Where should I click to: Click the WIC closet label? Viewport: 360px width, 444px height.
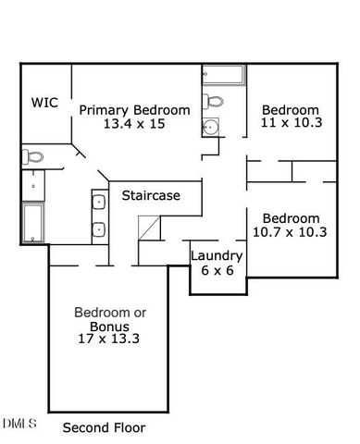click(45, 103)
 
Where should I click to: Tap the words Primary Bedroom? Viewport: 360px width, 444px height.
click(134, 109)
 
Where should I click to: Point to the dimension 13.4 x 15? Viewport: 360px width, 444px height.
click(134, 124)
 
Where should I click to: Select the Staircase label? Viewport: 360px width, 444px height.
click(150, 196)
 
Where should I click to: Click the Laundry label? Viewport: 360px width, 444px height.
click(217, 256)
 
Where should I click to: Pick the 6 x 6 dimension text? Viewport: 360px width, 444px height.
click(217, 271)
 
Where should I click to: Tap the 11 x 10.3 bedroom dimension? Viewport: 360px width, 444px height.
click(289, 123)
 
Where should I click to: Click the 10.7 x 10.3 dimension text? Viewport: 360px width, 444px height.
click(289, 232)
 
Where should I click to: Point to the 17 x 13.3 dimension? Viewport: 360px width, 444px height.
click(108, 339)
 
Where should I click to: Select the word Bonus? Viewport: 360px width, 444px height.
click(108, 326)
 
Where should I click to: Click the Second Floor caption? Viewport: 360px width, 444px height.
click(104, 428)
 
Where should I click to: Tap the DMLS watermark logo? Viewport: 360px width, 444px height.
click(19, 424)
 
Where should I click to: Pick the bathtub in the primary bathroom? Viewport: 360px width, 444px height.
click(32, 222)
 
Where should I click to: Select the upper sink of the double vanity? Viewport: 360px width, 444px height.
click(98, 201)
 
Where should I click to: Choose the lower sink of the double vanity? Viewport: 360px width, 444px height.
click(98, 227)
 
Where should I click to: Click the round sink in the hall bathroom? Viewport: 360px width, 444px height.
click(211, 128)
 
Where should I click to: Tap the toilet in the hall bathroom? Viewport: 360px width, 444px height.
click(213, 102)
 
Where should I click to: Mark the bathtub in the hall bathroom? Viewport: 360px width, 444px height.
click(221, 76)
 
